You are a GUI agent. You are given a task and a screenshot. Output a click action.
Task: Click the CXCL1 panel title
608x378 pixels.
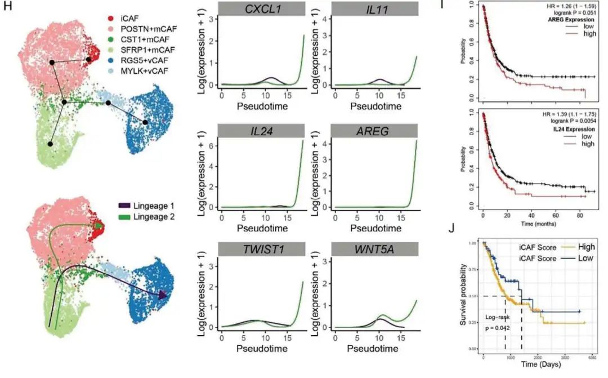pyautogui.click(x=254, y=9)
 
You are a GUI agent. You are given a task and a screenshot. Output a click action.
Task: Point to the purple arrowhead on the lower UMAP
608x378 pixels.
pyautogui.click(x=163, y=294)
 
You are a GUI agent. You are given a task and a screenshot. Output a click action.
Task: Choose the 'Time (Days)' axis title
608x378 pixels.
pyautogui.click(x=539, y=364)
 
